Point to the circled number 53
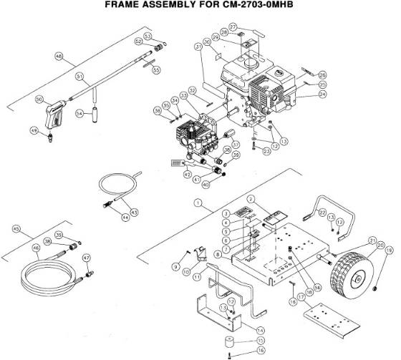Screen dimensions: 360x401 pyautogui.click(x=148, y=36)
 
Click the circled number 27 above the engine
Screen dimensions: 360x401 pyautogui.click(x=233, y=26)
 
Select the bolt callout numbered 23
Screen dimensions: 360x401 pyautogui.click(x=266, y=151)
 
